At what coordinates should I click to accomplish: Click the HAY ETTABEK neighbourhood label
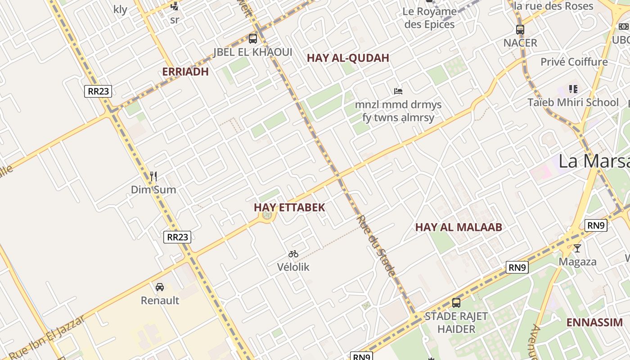click(289, 207)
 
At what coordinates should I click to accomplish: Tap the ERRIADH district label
click(185, 72)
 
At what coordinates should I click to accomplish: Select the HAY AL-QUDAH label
click(348, 58)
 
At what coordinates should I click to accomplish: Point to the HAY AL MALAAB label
click(458, 227)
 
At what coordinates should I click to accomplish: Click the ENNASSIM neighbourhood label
click(594, 323)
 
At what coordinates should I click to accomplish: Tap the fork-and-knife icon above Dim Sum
click(153, 176)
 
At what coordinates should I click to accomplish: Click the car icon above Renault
click(160, 287)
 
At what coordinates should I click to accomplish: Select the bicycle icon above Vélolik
click(293, 254)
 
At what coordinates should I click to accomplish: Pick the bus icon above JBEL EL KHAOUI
click(253, 39)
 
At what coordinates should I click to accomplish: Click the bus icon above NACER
click(520, 30)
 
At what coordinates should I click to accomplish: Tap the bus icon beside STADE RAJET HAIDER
click(456, 302)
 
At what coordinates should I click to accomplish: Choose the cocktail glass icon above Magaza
click(577, 248)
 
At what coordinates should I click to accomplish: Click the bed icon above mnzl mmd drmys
click(398, 91)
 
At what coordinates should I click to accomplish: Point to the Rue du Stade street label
click(376, 246)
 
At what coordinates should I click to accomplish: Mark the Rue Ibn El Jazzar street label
click(47, 337)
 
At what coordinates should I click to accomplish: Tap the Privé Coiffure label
click(574, 62)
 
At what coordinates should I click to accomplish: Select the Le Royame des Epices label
click(429, 18)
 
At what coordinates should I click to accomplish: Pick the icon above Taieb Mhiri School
click(573, 89)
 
